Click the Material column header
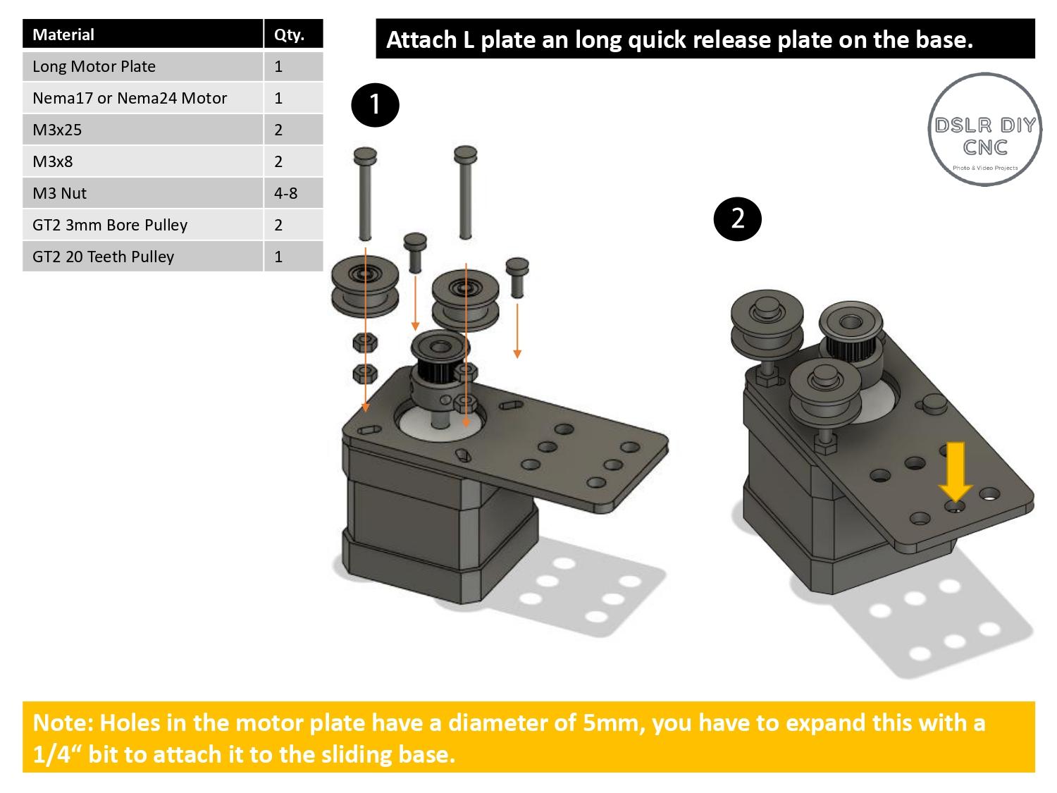click(63, 35)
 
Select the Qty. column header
click(288, 35)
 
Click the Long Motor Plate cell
click(94, 66)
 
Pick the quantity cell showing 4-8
click(285, 193)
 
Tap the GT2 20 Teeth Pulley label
click(103, 257)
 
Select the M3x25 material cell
click(57, 130)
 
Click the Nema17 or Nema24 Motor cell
click(130, 98)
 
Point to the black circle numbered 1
click(375, 105)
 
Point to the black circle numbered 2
click(737, 219)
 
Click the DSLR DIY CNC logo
click(984, 130)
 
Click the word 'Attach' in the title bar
click(421, 39)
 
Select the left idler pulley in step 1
click(365, 288)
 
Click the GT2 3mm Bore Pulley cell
click(110, 225)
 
